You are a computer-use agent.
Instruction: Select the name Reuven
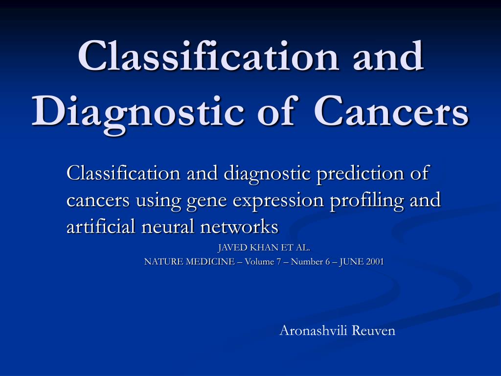tap(373, 330)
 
